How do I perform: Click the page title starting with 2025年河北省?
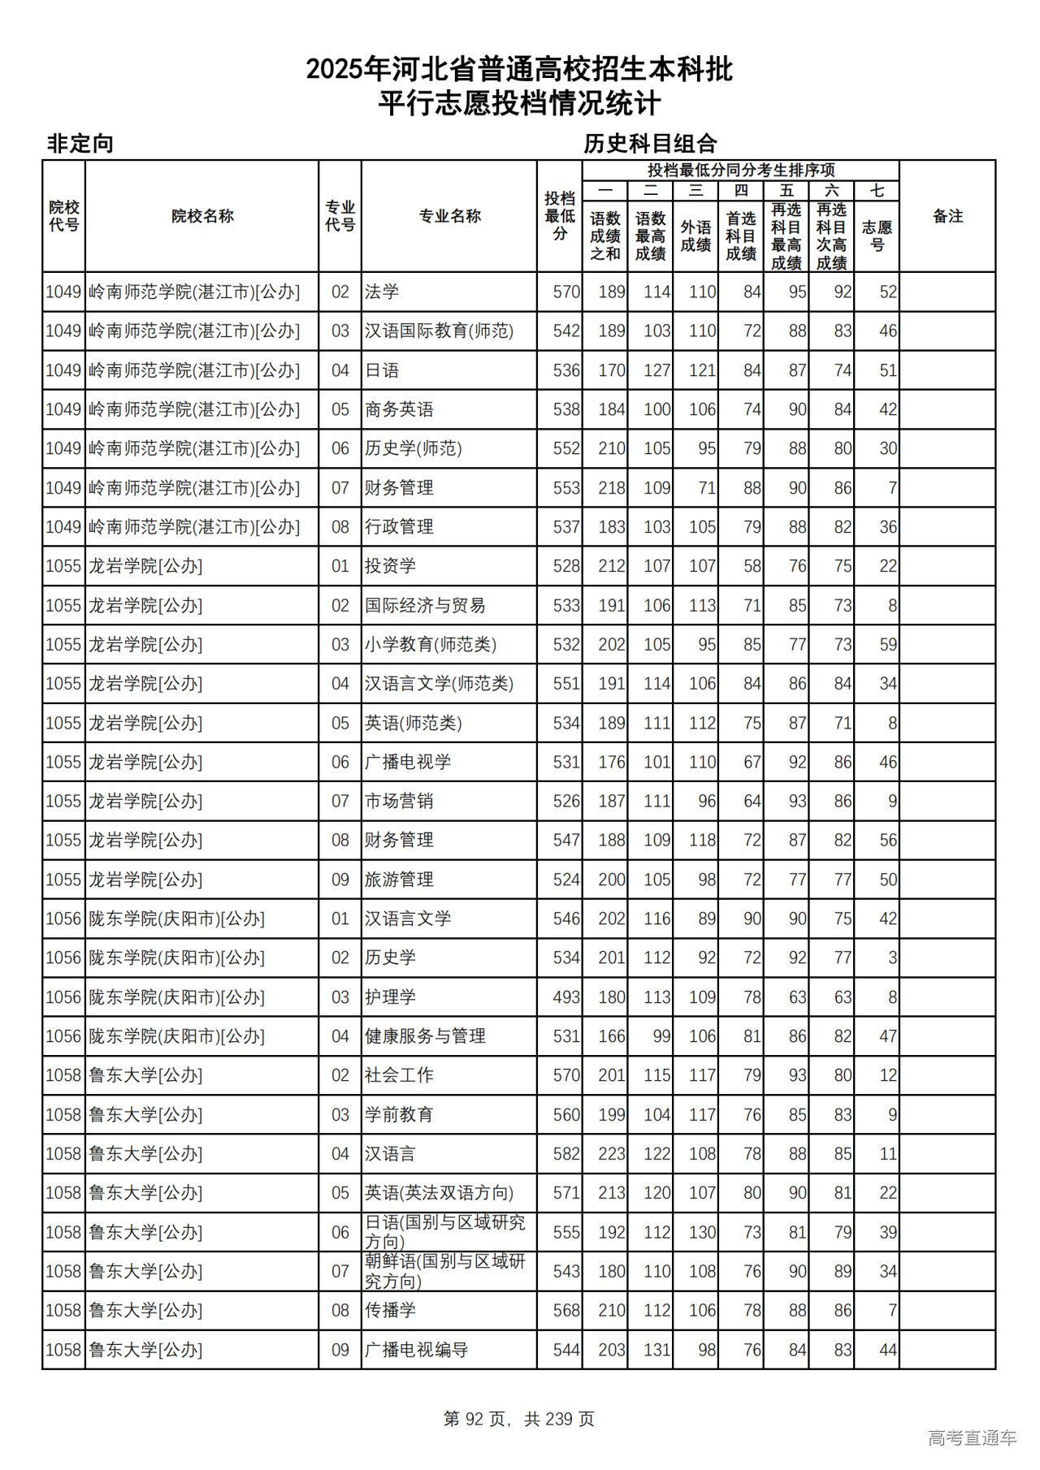tap(519, 70)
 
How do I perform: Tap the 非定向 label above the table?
tap(80, 144)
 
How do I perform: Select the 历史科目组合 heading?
tap(650, 144)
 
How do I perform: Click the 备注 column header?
tap(947, 216)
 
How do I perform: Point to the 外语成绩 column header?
tap(695, 236)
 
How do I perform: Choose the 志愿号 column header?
tap(877, 236)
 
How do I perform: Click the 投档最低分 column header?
tap(560, 216)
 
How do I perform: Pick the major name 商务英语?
tap(399, 409)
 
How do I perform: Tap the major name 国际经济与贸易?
tap(424, 605)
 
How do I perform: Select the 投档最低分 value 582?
tap(566, 1154)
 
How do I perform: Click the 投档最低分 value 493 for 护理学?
tap(566, 997)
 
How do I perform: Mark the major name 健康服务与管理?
tap(424, 1036)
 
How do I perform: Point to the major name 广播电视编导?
tap(416, 1350)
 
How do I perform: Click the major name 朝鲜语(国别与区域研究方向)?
tap(444, 1271)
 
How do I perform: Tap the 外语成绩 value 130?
tap(702, 1232)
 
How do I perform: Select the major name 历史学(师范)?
tap(413, 448)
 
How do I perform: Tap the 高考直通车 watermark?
tap(972, 1438)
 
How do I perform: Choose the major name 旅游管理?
tap(399, 880)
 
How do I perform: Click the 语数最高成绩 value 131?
tap(656, 1350)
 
